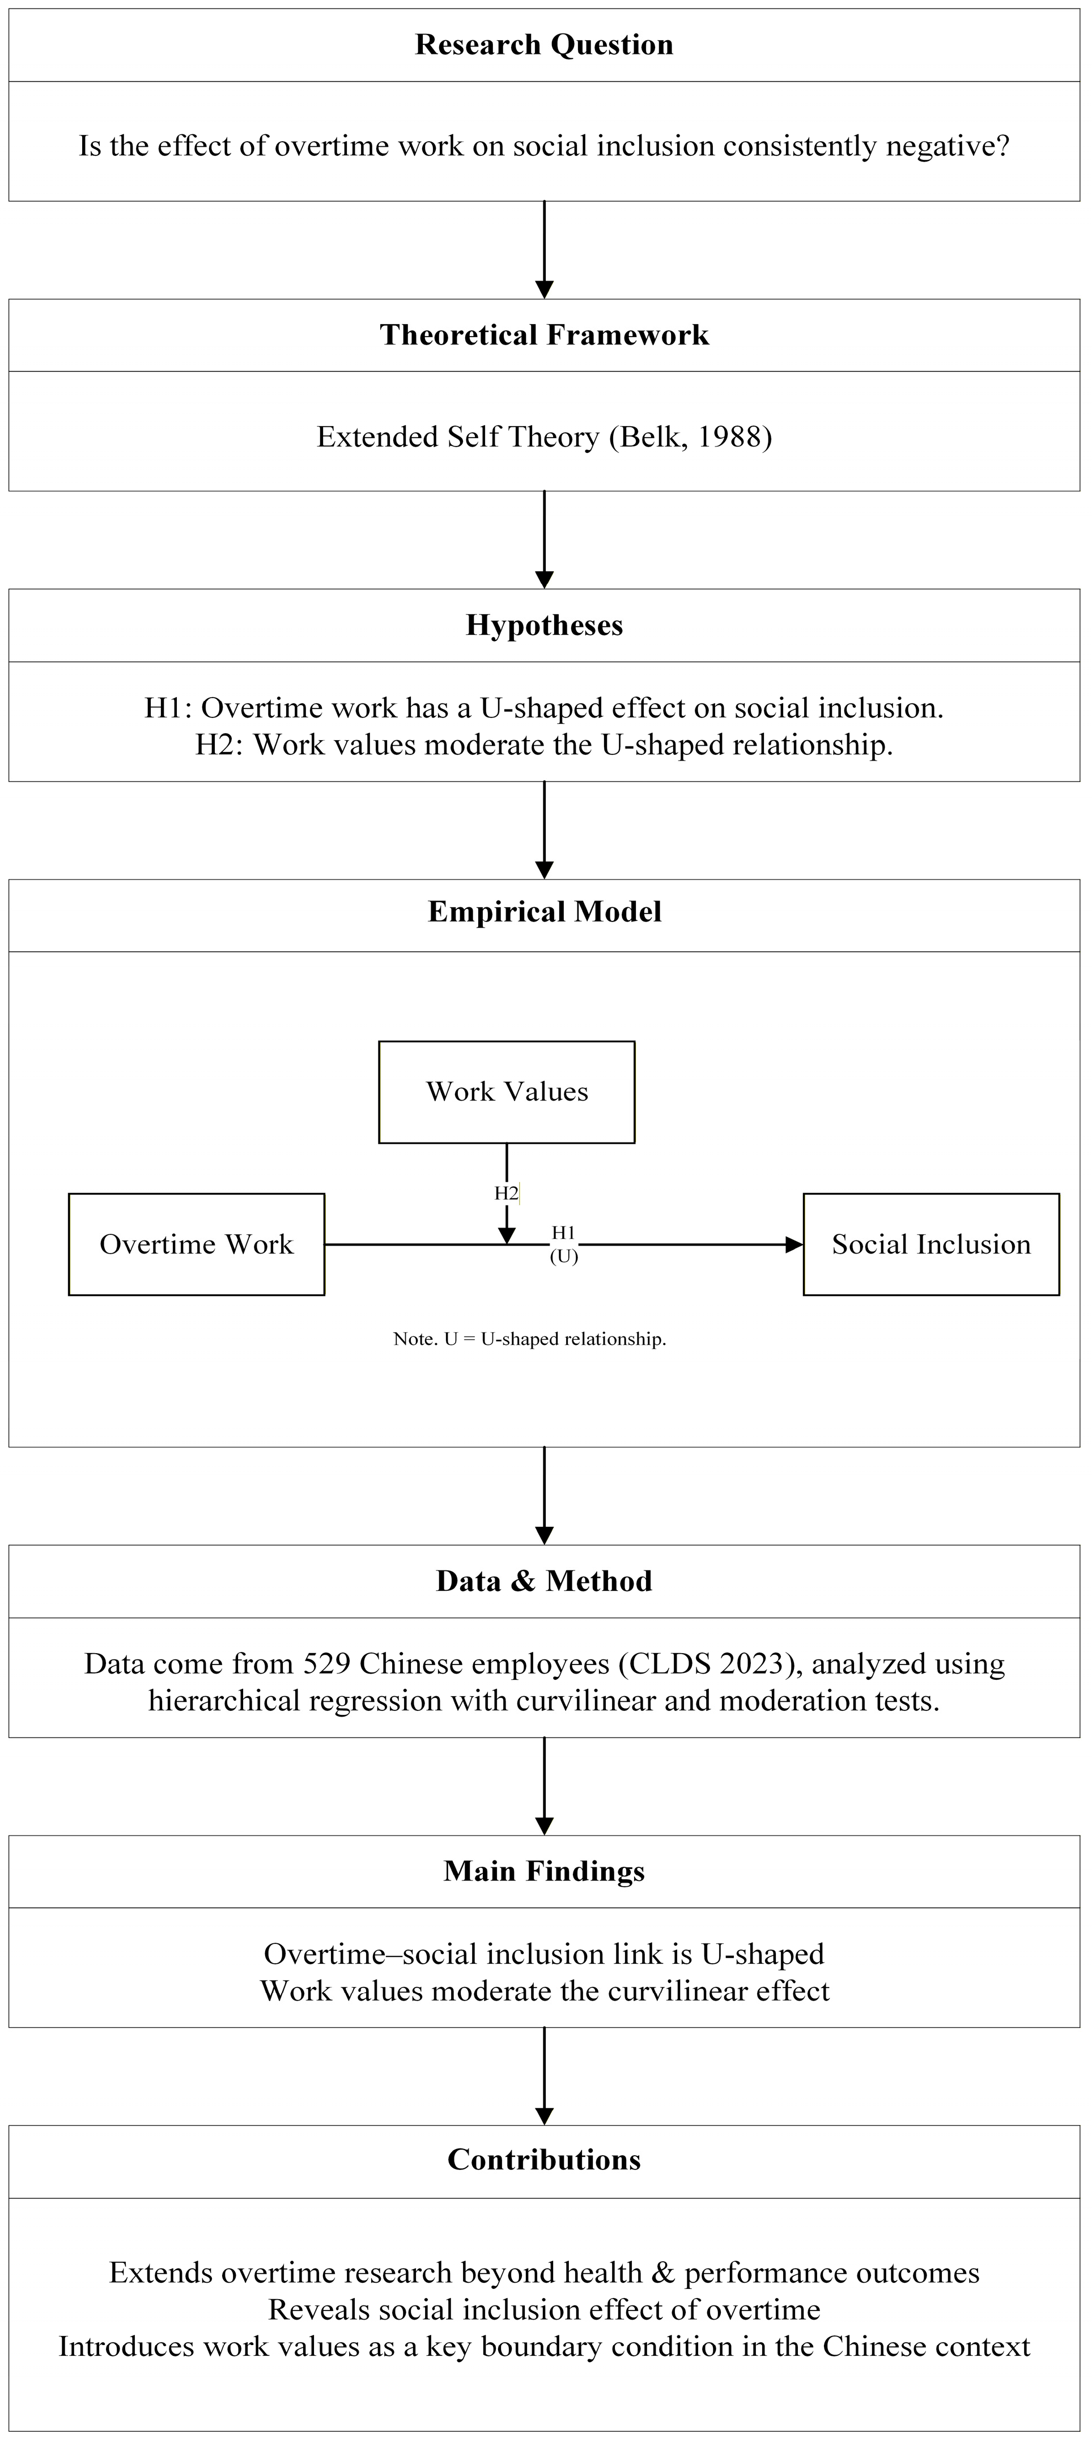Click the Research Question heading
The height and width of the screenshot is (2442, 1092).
click(544, 45)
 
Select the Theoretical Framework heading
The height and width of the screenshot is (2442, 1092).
click(544, 334)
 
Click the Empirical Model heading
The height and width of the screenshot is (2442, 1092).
click(544, 911)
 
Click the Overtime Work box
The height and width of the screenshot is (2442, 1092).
click(196, 1244)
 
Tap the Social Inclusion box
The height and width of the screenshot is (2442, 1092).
click(931, 1244)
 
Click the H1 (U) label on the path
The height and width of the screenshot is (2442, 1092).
click(564, 1244)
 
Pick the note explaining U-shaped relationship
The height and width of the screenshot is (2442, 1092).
click(530, 1339)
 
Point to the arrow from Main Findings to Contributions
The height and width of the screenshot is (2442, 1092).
click(544, 2076)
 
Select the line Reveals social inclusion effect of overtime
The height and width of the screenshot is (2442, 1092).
click(544, 2309)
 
